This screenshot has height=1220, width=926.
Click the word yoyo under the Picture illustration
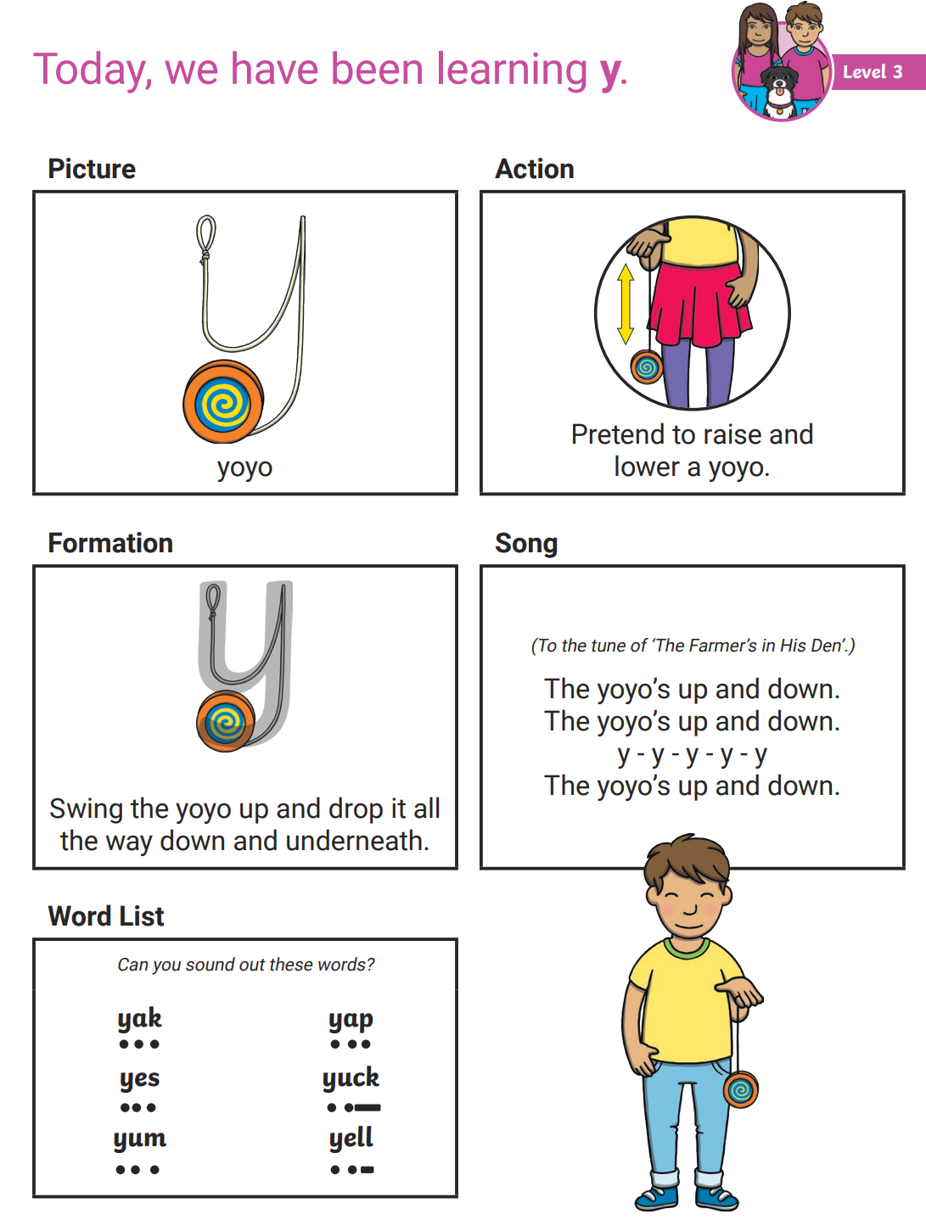244,467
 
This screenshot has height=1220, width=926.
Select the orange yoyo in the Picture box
223,402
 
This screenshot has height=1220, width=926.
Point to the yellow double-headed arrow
626,304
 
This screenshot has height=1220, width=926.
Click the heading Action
535,169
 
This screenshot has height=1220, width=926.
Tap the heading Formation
110,543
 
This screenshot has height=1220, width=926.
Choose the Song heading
526,543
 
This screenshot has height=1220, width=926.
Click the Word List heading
106,916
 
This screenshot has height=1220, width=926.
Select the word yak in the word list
139,1018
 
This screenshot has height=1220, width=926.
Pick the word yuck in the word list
351,1078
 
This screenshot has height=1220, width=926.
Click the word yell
351,1138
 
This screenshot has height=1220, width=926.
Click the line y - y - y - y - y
692,753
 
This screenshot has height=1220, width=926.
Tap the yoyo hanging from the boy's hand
740,1089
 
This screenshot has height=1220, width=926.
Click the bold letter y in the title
609,72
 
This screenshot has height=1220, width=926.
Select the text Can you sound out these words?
245,965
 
